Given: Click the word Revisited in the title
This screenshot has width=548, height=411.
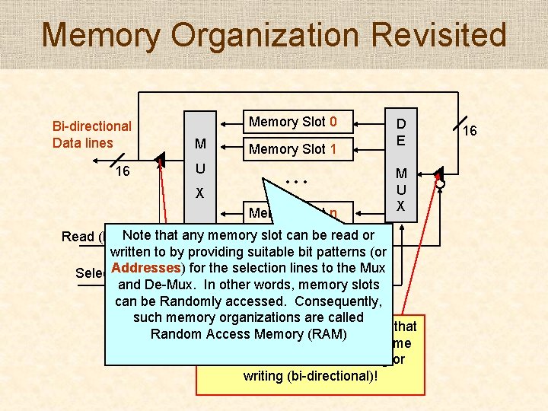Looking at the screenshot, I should (432, 36).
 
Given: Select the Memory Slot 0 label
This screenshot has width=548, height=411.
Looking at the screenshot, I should (292, 122).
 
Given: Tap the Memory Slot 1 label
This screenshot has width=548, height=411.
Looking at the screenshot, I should (292, 149).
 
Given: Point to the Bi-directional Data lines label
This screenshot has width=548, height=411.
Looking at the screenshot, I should (91, 135).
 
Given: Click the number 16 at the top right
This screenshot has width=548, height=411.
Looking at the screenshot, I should (470, 131).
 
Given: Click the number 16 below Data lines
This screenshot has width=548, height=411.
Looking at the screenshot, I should (122, 171).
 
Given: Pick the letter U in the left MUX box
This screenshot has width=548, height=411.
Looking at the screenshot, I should (199, 167).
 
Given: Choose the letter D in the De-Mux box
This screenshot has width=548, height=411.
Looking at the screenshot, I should (400, 124).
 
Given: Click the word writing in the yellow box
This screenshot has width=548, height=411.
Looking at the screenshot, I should (268, 376).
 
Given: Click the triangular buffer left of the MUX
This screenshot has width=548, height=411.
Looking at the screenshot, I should (158, 160).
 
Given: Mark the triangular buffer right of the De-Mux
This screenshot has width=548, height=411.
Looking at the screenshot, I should (438, 176).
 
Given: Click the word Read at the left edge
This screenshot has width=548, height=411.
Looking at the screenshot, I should (77, 237).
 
